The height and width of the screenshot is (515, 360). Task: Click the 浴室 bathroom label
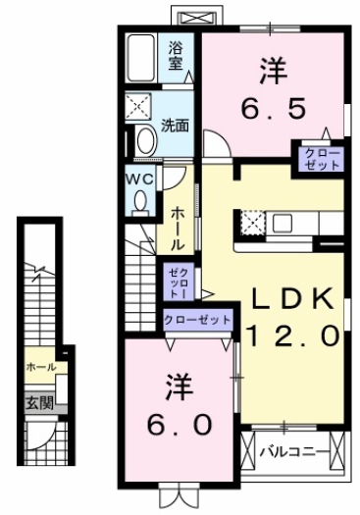pyautogui.click(x=176, y=54)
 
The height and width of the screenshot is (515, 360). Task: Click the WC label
pyautogui.click(x=138, y=179)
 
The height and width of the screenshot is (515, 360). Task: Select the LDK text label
pyautogui.click(x=292, y=299)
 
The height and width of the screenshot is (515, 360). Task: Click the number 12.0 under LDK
pyautogui.click(x=292, y=336)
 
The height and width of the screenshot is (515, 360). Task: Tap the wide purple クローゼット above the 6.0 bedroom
pyautogui.click(x=198, y=320)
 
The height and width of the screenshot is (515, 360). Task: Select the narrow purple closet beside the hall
pyautogui.click(x=179, y=282)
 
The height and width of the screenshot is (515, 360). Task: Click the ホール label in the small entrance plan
pyautogui.click(x=40, y=367)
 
